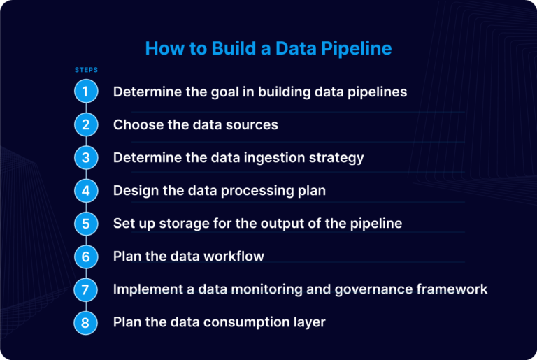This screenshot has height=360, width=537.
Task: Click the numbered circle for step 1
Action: click(85, 92)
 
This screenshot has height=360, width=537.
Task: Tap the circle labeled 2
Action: click(85, 124)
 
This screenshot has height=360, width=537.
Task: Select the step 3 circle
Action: click(85, 157)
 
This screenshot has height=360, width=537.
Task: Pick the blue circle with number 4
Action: click(85, 190)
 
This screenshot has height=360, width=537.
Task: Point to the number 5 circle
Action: click(85, 223)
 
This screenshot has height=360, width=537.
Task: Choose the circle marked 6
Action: click(85, 257)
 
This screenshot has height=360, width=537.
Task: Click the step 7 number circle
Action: click(85, 289)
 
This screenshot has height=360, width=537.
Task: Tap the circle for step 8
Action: click(85, 322)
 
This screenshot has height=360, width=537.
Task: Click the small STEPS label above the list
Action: click(86, 70)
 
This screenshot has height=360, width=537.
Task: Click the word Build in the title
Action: click(218, 48)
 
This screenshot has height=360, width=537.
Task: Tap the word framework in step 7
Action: click(454, 289)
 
